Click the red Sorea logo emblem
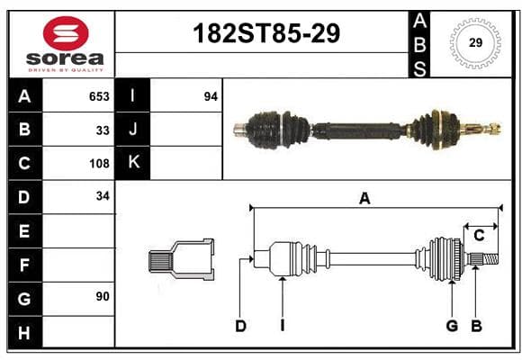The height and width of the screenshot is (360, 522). [66, 32]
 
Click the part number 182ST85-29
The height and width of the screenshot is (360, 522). [266, 33]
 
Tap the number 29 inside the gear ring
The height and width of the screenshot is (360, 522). [475, 42]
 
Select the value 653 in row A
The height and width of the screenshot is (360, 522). [99, 96]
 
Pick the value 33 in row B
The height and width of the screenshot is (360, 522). [103, 130]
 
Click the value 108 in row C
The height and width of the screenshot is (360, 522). [99, 164]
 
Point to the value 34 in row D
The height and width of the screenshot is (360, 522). [103, 196]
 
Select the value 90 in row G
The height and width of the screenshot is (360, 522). [103, 296]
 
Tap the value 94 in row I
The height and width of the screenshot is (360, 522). [211, 96]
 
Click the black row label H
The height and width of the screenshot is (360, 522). [24, 332]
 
